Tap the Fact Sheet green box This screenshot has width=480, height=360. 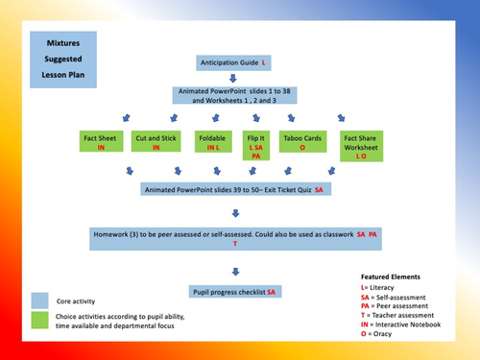tap(100, 144)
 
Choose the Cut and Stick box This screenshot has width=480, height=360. tap(155, 144)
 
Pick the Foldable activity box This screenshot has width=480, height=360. tap(212, 144)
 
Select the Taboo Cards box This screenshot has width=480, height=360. tap(300, 144)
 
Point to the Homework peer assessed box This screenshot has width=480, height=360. tap(235, 239)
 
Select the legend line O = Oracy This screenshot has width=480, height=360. tap(365, 337)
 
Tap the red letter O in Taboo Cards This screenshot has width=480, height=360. tap(300, 149)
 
